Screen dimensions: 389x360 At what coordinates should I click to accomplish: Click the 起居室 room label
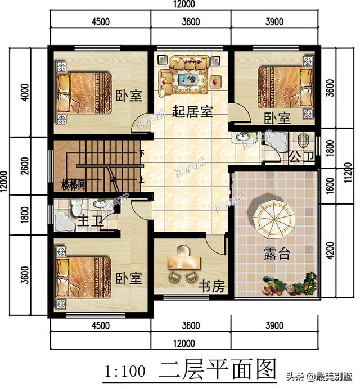(x=192, y=111)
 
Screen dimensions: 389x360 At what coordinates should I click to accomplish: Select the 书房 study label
(x=211, y=287)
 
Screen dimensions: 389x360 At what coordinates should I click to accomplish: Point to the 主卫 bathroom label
(x=91, y=221)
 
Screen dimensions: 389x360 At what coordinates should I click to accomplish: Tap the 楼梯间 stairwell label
(x=73, y=186)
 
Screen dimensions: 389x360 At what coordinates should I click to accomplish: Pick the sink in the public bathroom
(x=244, y=137)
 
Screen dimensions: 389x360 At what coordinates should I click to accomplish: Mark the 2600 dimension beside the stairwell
(x=23, y=166)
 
